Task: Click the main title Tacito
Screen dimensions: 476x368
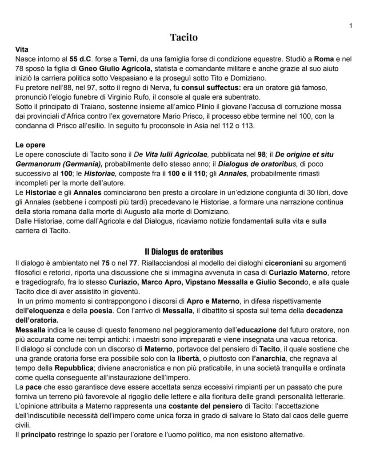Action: pos(184,37)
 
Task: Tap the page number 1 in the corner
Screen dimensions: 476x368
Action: pos(350,26)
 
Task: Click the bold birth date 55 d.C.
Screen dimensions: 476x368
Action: pos(80,59)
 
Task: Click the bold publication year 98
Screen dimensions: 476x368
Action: pos(262,154)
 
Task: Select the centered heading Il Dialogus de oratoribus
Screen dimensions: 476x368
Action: pos(184,252)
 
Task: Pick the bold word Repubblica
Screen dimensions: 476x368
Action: pos(74,368)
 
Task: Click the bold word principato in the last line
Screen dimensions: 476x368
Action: pos(38,435)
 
